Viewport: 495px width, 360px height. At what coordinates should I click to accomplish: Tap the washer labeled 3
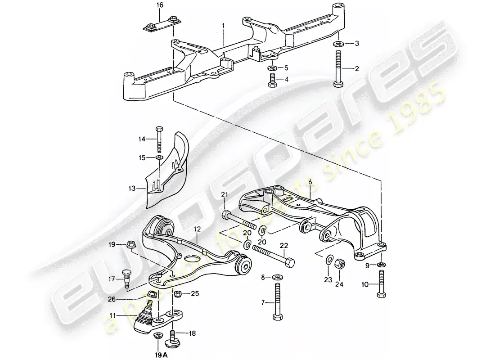pos(337,44)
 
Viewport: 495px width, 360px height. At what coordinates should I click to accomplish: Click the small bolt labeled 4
pos(272,81)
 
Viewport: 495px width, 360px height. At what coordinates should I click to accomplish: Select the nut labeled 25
pos(178,294)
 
